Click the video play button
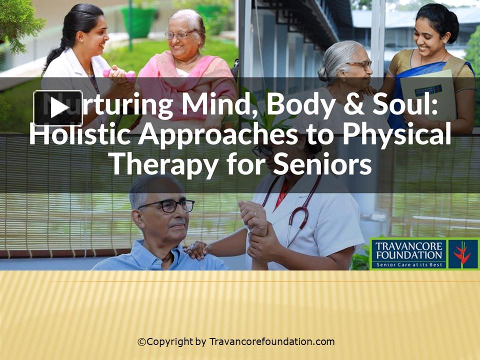pyautogui.click(x=58, y=107)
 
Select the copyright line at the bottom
pyautogui.click(x=236, y=342)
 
